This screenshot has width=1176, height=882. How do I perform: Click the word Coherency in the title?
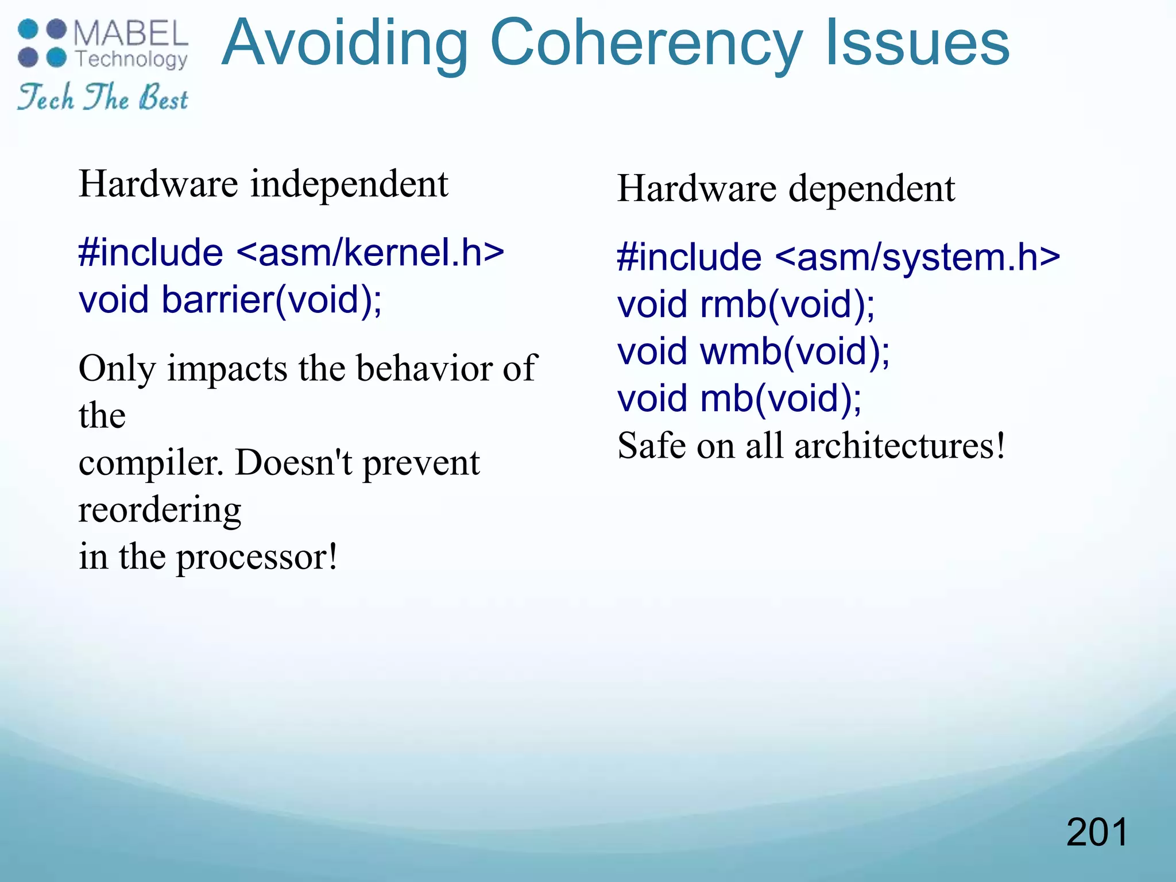pyautogui.click(x=646, y=45)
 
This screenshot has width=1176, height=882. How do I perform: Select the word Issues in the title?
pyautogui.click(x=917, y=44)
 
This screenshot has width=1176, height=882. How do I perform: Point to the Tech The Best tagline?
pyautogui.click(x=103, y=97)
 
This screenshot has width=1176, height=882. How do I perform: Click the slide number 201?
pyautogui.click(x=1097, y=832)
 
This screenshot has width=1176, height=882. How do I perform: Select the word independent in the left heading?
pyautogui.click(x=349, y=185)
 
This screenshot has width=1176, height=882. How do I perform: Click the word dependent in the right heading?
pyautogui.click(x=872, y=189)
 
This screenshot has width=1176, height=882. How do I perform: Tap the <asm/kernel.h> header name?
pyautogui.click(x=370, y=253)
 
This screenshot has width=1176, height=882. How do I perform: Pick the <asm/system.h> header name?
pyautogui.click(x=918, y=257)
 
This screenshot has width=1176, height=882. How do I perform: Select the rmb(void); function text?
pyautogui.click(x=787, y=304)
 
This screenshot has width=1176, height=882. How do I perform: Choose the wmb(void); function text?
pyautogui.click(x=795, y=351)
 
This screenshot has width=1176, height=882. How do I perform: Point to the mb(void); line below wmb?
pyautogui.click(x=781, y=399)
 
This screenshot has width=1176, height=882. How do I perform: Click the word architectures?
pyautogui.click(x=900, y=446)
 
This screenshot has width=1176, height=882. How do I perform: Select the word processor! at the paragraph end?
pyautogui.click(x=257, y=558)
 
